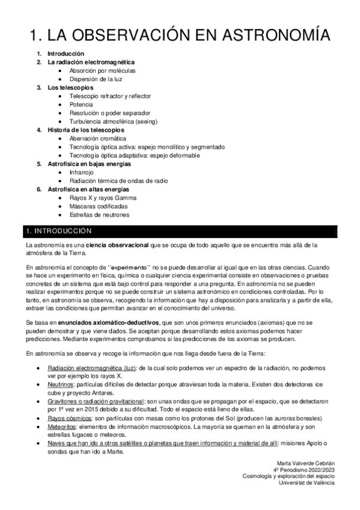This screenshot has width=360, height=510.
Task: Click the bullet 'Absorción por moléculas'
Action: click(103, 70)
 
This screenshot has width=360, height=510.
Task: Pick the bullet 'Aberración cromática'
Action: click(98, 138)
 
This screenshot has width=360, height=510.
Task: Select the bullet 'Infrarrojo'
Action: click(84, 172)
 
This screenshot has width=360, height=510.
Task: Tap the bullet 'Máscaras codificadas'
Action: click(99, 206)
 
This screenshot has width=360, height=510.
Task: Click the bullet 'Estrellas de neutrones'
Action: click(100, 214)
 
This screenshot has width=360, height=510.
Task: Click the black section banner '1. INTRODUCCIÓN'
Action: click(180, 231)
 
